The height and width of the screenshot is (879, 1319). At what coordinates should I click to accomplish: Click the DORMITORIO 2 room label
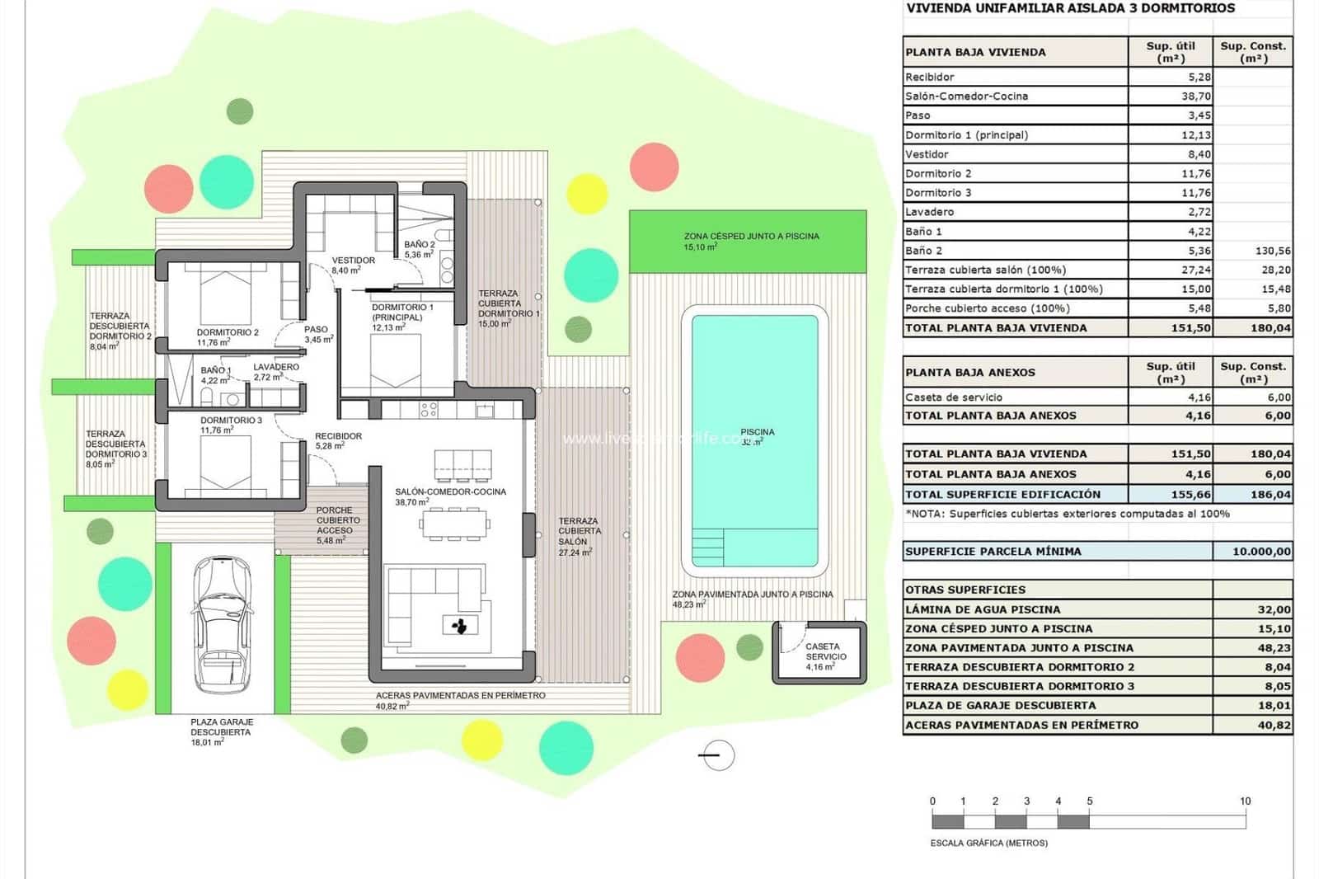[228, 332]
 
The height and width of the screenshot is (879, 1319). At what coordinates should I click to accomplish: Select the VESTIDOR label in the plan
[353, 261]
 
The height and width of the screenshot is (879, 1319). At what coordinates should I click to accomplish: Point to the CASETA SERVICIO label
[824, 651]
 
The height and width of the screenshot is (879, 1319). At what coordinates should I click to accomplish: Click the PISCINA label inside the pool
[757, 432]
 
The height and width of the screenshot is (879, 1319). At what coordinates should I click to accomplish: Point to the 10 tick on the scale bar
[1245, 801]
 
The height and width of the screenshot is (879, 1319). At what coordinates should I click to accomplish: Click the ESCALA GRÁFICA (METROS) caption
[988, 844]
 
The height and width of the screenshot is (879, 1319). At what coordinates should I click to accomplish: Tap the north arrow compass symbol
[718, 755]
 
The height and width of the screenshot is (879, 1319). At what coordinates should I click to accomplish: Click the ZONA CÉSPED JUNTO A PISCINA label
[751, 236]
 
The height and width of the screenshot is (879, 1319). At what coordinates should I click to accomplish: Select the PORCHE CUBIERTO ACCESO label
[338, 520]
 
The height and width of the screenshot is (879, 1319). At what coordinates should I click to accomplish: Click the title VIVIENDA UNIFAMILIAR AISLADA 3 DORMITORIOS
[1070, 9]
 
